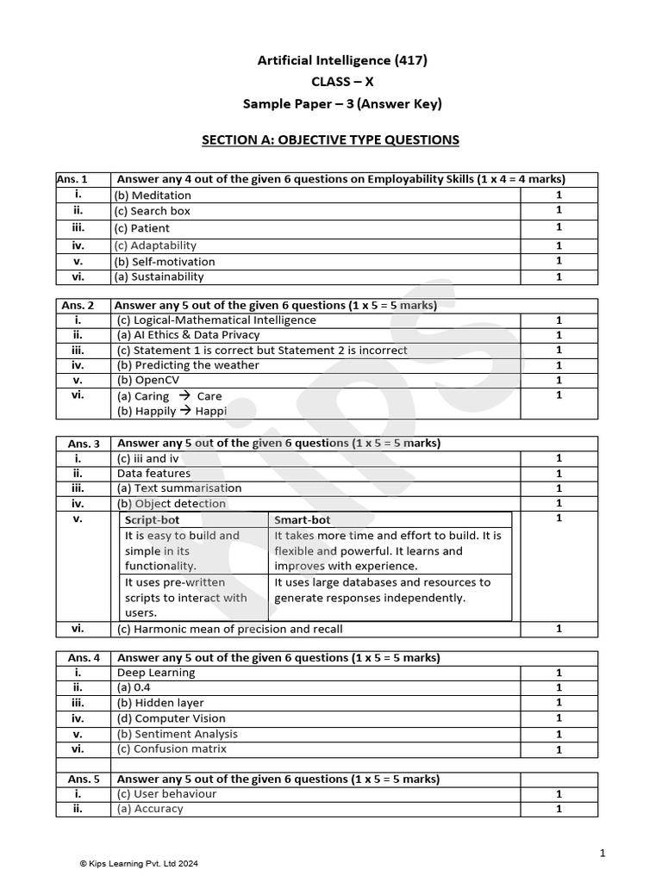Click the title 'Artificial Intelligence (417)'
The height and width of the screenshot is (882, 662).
tap(342, 60)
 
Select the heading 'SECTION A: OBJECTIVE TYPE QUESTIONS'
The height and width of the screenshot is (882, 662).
tap(330, 140)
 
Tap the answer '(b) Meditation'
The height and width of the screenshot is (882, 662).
tap(153, 196)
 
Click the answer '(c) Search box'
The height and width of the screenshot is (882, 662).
tap(153, 211)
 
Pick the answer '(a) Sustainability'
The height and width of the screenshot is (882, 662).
tap(159, 277)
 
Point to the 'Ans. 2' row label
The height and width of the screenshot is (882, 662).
tap(78, 305)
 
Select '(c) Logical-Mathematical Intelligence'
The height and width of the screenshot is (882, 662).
tap(216, 320)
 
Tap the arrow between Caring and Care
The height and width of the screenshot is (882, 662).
tap(184, 396)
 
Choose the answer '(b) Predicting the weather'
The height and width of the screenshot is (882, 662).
tap(188, 365)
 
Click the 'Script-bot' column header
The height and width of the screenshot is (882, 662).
tap(151, 520)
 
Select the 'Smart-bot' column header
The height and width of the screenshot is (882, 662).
tap(302, 520)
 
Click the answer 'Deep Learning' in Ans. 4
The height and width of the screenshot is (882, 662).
tap(156, 673)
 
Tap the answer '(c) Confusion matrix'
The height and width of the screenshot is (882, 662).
tap(172, 749)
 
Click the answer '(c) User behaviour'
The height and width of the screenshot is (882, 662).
tap(166, 794)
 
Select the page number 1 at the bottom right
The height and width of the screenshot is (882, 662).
tap(603, 853)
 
